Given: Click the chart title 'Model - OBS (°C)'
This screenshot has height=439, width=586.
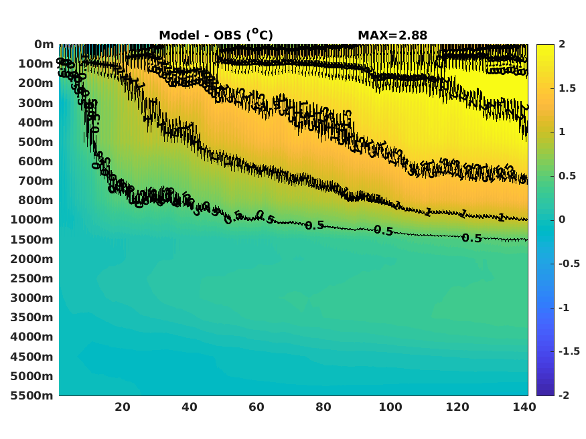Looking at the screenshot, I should click(216, 35).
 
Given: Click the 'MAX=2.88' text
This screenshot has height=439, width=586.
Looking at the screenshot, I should click(392, 35).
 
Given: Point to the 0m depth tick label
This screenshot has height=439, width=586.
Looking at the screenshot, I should click(44, 44).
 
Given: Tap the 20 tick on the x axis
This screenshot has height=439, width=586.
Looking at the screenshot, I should click(123, 407).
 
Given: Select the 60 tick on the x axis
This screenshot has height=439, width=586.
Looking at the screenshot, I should click(257, 407).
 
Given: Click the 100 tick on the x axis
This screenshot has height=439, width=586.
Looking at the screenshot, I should click(390, 407).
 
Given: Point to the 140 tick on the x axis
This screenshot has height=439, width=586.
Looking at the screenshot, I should click(524, 407).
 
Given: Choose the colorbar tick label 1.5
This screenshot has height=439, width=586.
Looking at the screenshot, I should click(568, 88).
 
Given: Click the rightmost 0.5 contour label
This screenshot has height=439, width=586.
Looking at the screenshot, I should click(472, 238).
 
